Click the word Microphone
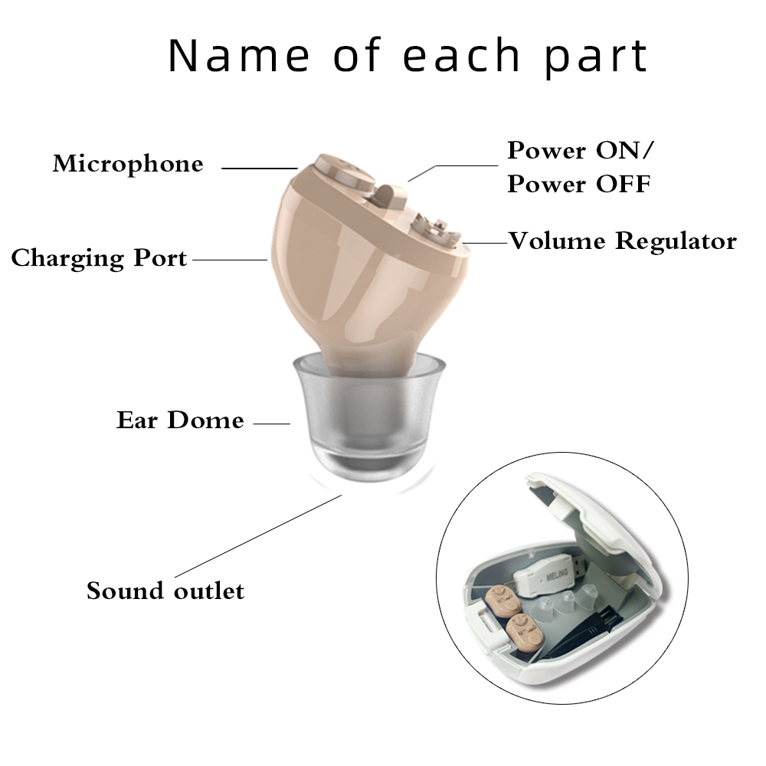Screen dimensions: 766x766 tap(128, 164)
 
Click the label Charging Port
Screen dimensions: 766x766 tap(99, 258)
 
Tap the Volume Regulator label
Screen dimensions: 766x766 tap(623, 241)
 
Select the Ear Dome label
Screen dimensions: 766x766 tap(180, 421)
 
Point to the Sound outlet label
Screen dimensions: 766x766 tap(165, 591)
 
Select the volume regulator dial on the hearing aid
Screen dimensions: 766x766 tap(434, 228)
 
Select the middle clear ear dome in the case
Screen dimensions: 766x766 tap(571, 601)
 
